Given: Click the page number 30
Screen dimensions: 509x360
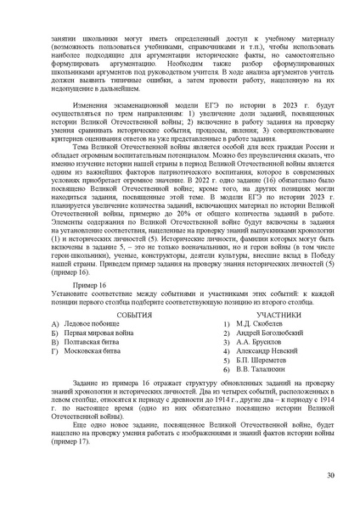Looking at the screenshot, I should coord(329,475).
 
